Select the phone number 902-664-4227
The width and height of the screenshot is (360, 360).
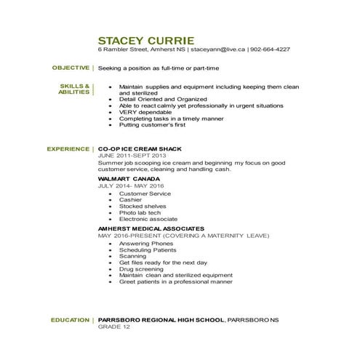point(270,50)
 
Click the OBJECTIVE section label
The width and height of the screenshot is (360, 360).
point(71,67)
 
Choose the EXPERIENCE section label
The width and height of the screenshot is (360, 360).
point(68,148)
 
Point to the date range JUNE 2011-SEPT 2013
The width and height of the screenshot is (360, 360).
point(132,156)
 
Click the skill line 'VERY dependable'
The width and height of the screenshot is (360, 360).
point(141,112)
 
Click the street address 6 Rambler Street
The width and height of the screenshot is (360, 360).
point(123,50)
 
